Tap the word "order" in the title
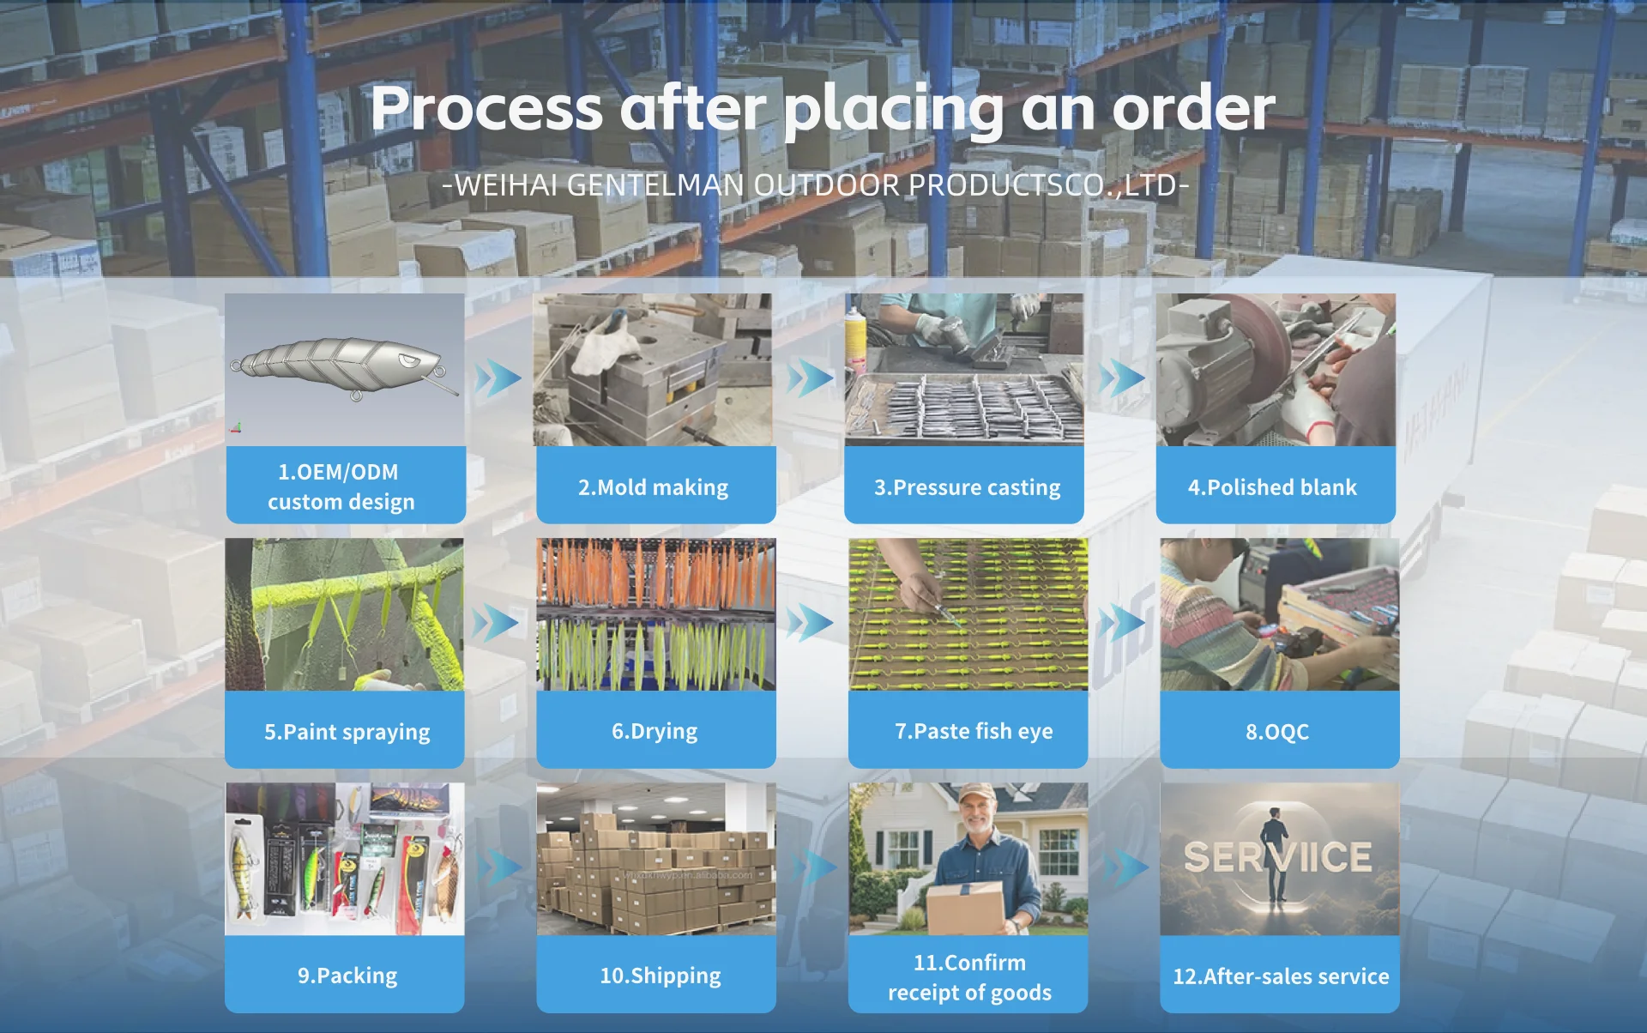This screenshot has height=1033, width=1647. tap(1193, 109)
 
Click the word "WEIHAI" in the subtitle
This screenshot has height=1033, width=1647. tap(506, 185)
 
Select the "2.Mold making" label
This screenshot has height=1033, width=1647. tap(653, 487)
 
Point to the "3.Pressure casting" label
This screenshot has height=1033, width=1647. tap(967, 487)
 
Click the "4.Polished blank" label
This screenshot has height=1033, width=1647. tap(1272, 487)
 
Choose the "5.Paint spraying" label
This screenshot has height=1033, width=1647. tap(347, 732)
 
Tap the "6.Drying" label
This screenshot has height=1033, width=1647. tap(655, 731)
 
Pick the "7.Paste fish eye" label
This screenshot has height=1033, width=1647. tap(974, 731)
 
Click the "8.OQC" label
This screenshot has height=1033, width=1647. tap(1277, 732)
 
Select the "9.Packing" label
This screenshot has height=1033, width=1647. tap(347, 976)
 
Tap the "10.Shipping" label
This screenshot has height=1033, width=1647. tap(660, 976)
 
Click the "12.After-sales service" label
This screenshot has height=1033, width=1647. tap(1281, 976)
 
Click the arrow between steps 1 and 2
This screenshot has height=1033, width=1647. tap(498, 378)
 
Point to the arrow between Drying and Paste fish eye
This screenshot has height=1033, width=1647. tap(810, 623)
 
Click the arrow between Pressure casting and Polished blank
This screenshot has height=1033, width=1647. tap(1121, 378)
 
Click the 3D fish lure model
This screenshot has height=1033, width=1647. tap(343, 365)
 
